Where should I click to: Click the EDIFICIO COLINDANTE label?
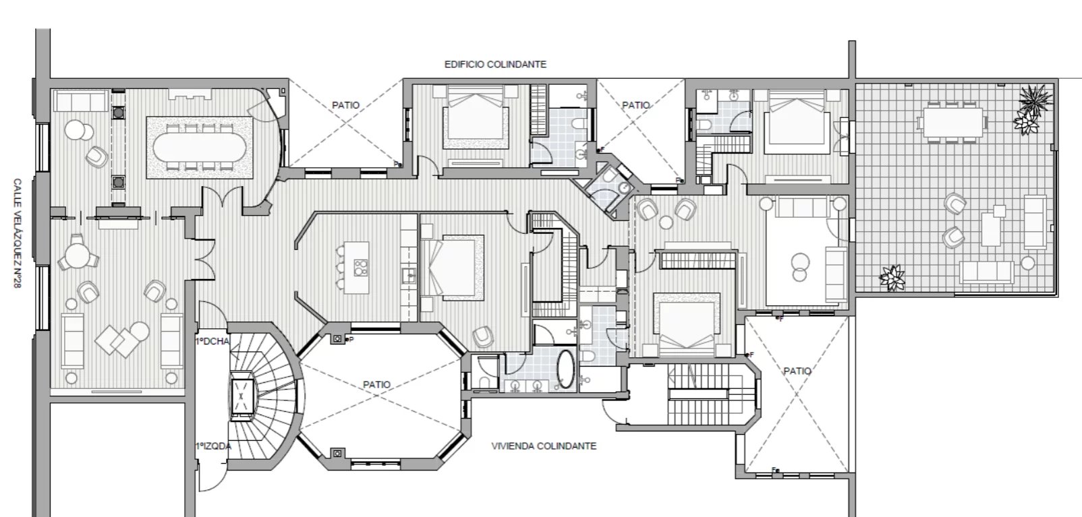(x=495, y=65)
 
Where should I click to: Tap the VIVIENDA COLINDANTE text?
(x=544, y=446)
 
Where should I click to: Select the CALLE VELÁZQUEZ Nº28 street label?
(x=20, y=235)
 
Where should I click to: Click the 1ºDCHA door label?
(x=212, y=341)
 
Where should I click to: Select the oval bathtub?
(x=565, y=370)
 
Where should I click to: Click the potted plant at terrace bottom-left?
(x=892, y=276)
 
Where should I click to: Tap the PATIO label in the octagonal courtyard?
(x=376, y=384)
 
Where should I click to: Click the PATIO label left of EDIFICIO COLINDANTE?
(x=345, y=105)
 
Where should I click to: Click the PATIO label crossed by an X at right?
(x=797, y=371)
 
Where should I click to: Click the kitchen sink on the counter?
(x=407, y=275)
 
